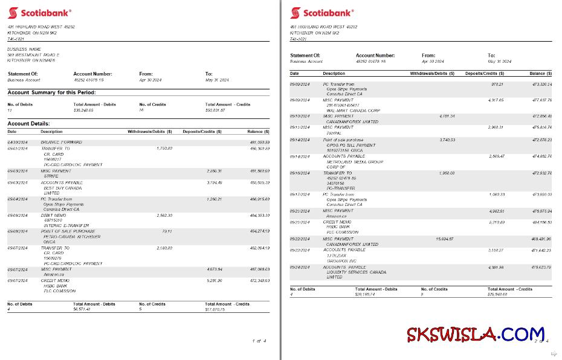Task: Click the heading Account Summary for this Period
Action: point(51,92)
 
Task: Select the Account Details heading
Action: point(28,123)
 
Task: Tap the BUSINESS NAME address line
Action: point(24,49)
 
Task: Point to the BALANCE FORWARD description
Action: point(62,142)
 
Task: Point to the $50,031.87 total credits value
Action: point(215,110)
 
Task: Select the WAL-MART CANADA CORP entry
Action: point(354,111)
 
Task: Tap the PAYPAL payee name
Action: point(334,132)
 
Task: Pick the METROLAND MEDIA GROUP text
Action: point(355,161)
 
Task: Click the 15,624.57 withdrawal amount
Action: point(445,239)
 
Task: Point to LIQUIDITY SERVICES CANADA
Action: point(356,272)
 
